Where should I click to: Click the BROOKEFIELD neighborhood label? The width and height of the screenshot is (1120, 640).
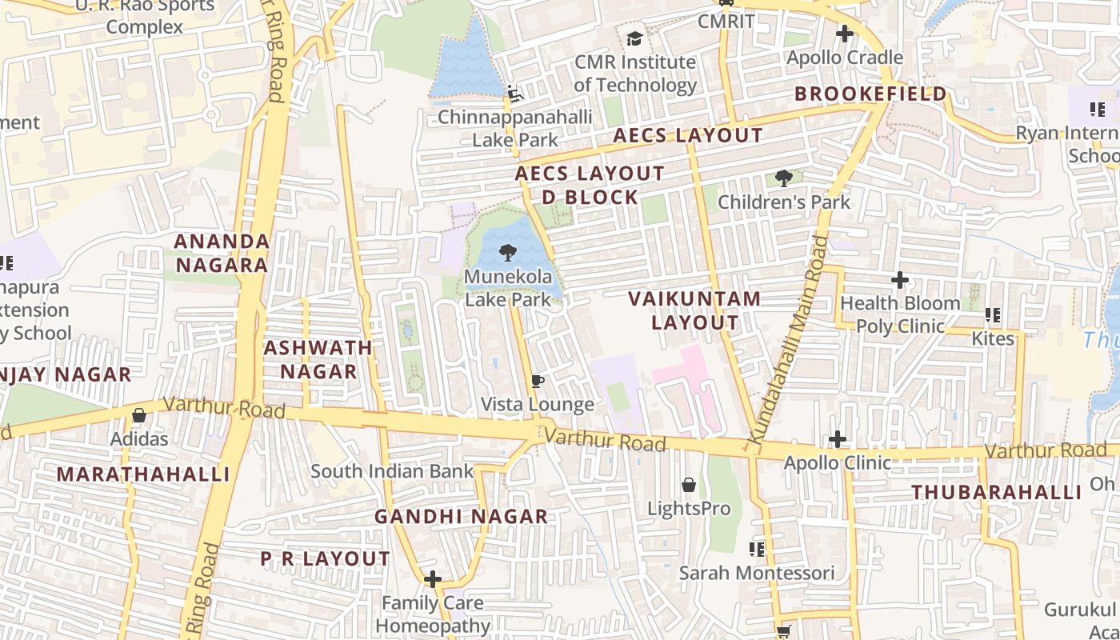click(870, 94)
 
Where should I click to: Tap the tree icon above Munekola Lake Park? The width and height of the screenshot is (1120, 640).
click(507, 254)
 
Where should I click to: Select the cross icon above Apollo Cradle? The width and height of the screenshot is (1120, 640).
click(844, 34)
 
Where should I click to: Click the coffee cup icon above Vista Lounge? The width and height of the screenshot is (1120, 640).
click(538, 381)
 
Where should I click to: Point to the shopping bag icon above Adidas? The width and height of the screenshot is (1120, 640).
click(138, 415)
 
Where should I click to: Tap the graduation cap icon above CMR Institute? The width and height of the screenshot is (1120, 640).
click(634, 38)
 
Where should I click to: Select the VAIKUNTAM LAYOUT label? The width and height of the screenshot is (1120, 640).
click(694, 310)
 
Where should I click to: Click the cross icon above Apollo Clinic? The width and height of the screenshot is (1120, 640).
click(838, 439)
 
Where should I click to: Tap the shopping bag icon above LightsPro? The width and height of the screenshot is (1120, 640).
click(688, 485)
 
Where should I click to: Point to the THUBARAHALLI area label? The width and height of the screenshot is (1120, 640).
click(997, 492)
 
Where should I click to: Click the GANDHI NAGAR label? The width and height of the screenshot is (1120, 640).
click(461, 517)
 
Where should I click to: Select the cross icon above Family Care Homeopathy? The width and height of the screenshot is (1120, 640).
click(433, 578)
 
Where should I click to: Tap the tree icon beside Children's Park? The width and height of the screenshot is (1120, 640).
click(784, 178)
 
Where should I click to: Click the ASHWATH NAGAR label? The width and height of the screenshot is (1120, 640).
click(318, 359)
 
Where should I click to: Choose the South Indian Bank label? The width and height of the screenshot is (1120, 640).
click(392, 471)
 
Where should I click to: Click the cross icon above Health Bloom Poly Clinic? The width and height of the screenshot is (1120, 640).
click(900, 280)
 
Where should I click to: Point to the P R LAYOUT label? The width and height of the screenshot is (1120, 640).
click(326, 558)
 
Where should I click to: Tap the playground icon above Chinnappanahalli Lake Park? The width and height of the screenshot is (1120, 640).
click(514, 94)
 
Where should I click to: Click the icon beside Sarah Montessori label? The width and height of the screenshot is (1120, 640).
click(756, 550)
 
